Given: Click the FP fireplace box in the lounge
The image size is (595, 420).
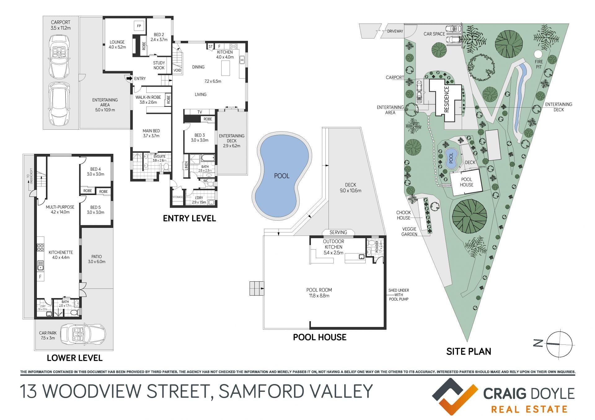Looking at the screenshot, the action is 139,26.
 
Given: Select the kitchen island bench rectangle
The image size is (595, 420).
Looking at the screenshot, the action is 226,68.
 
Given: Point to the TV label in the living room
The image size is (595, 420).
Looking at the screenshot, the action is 200,112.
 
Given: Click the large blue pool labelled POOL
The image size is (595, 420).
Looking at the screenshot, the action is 282,176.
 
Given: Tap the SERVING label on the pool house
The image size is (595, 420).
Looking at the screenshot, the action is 338,232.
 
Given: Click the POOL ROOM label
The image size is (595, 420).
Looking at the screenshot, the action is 319,290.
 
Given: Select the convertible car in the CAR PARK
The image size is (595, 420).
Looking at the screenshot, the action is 83,334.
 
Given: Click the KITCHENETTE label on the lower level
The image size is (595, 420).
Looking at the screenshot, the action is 61,253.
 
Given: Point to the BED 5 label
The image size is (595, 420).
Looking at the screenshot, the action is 95,207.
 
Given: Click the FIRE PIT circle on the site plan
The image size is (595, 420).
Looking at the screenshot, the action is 539,54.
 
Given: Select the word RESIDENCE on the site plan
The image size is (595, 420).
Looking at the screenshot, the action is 447,99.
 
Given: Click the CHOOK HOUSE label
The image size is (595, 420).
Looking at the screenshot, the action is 403,215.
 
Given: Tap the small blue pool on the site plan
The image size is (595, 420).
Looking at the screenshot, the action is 451,158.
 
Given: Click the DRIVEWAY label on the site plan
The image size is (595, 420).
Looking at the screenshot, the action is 395,31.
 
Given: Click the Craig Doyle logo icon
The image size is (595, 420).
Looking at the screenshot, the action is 455,396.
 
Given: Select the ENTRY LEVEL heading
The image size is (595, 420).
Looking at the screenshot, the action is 189,219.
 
